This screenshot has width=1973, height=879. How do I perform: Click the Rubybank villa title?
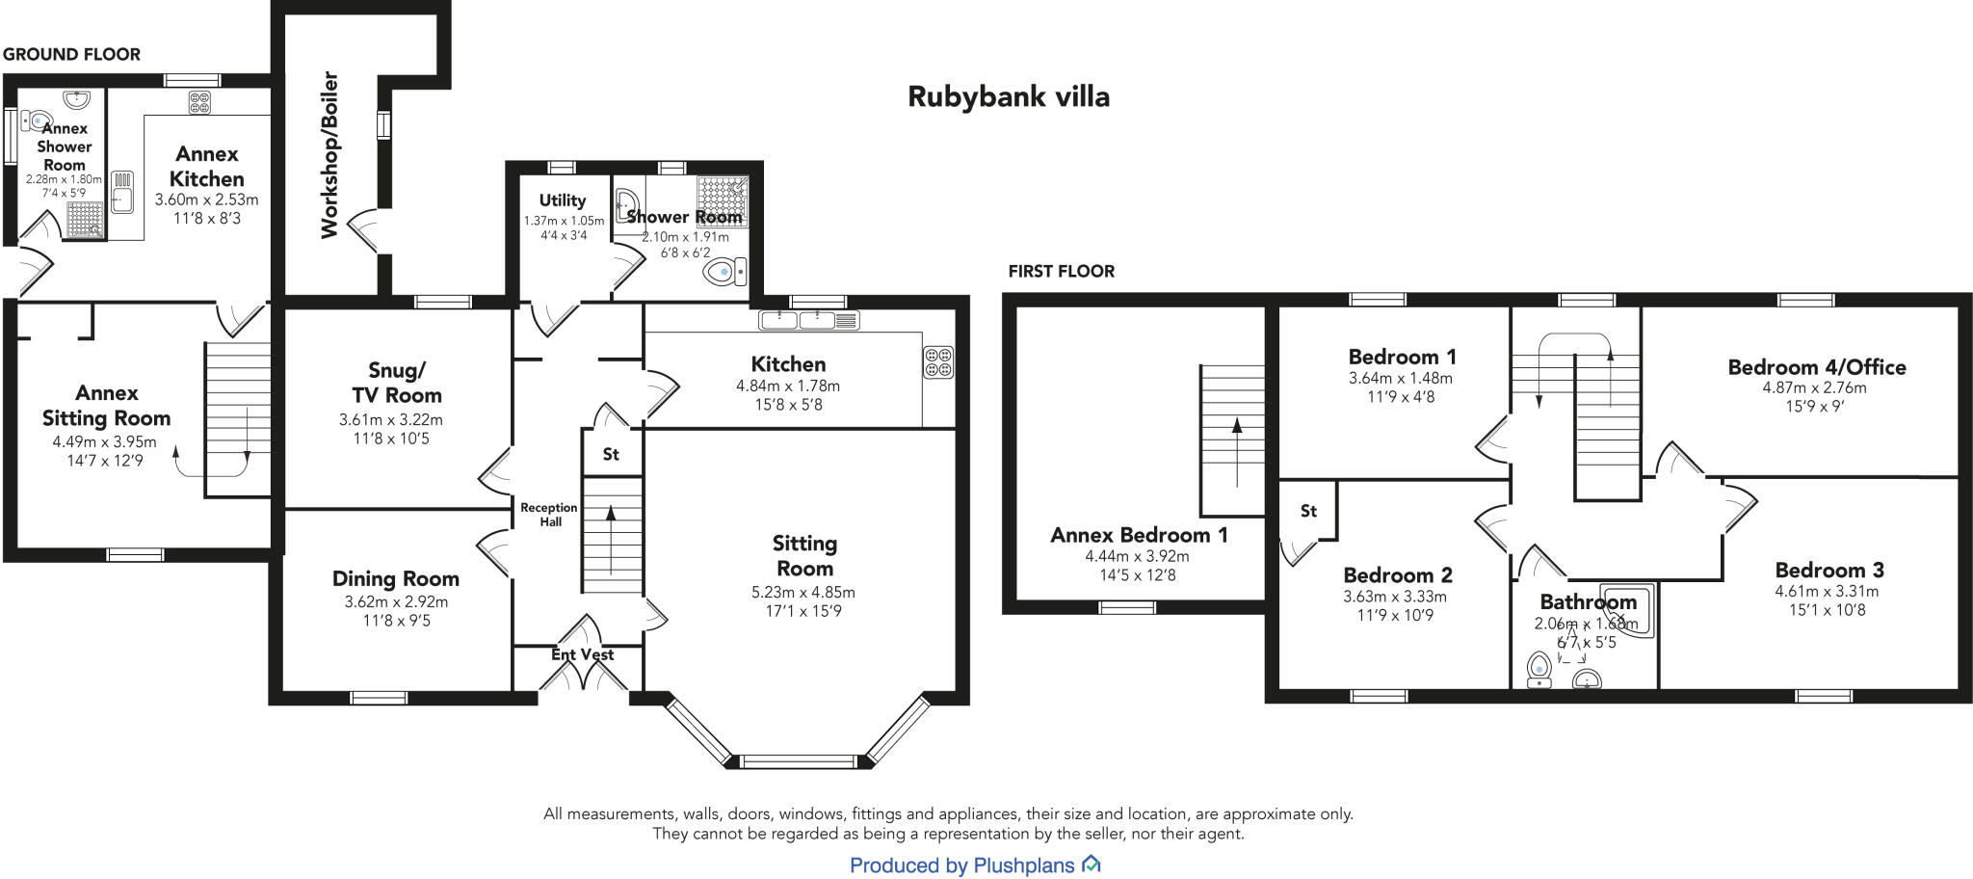point(1009,96)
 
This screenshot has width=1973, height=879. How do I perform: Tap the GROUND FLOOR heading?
point(71,55)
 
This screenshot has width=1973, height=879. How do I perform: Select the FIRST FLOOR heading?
point(1061,272)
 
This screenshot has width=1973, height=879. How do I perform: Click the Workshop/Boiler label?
point(329,154)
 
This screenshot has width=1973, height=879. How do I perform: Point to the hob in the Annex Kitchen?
point(199,102)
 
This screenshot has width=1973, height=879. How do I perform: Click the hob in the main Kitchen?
point(938,361)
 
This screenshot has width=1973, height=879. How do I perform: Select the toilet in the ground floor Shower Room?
point(724,273)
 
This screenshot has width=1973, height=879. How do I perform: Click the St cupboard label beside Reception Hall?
point(611,454)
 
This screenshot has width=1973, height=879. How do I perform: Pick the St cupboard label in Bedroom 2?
point(1308,511)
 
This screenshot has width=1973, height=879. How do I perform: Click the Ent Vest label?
point(582,654)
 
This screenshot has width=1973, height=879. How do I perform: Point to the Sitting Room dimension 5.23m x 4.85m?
point(803,593)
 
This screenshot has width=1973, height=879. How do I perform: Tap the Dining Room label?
point(395,578)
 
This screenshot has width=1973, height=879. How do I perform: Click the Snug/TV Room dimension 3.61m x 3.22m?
point(390,420)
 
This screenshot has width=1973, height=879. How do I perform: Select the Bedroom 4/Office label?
point(1816,367)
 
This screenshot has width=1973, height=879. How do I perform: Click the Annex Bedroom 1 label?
point(1139,535)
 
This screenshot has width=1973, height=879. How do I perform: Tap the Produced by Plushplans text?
point(961,866)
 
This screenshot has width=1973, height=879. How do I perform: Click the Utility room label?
point(562,200)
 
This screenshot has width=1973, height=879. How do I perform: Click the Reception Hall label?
point(548,515)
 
